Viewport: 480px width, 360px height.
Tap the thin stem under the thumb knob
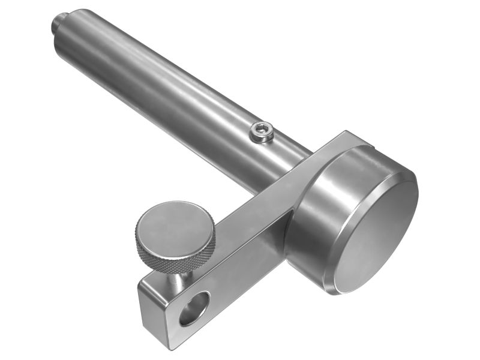[x=179, y=277]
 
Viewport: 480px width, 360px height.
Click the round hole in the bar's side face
[x=194, y=307]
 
